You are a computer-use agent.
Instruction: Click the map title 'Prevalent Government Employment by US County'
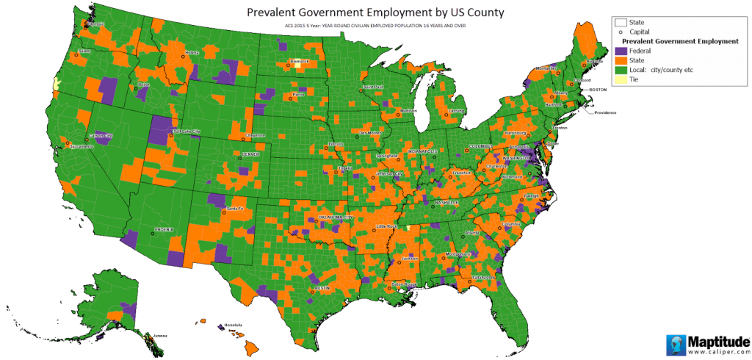coord(375,12)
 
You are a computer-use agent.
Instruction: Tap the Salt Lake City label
coord(187,132)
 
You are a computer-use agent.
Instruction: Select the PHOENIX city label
coord(163,229)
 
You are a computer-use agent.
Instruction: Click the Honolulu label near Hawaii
coord(234,324)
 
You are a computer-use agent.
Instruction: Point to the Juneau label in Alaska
coord(159,335)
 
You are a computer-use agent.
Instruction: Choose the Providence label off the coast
coord(605,112)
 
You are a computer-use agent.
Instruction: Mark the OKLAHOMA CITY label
coord(336,217)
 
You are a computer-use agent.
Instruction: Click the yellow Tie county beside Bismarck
coord(297,65)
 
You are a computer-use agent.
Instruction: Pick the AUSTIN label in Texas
coord(324,289)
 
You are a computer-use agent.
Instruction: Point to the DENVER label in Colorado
coord(251,155)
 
